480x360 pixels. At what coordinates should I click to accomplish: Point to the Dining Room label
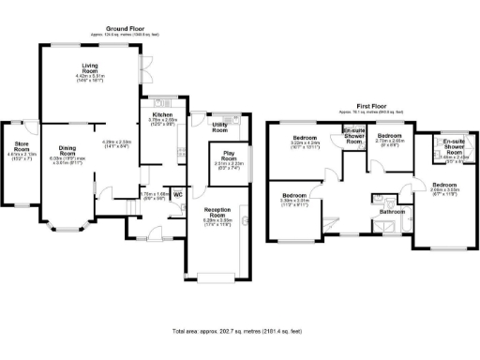(66, 150)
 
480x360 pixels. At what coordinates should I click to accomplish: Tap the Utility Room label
(220, 127)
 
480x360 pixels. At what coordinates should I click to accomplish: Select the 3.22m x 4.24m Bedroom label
(301, 138)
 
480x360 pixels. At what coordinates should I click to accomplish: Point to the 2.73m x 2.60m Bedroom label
(389, 138)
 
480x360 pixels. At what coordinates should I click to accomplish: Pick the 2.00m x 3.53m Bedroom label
(443, 185)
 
